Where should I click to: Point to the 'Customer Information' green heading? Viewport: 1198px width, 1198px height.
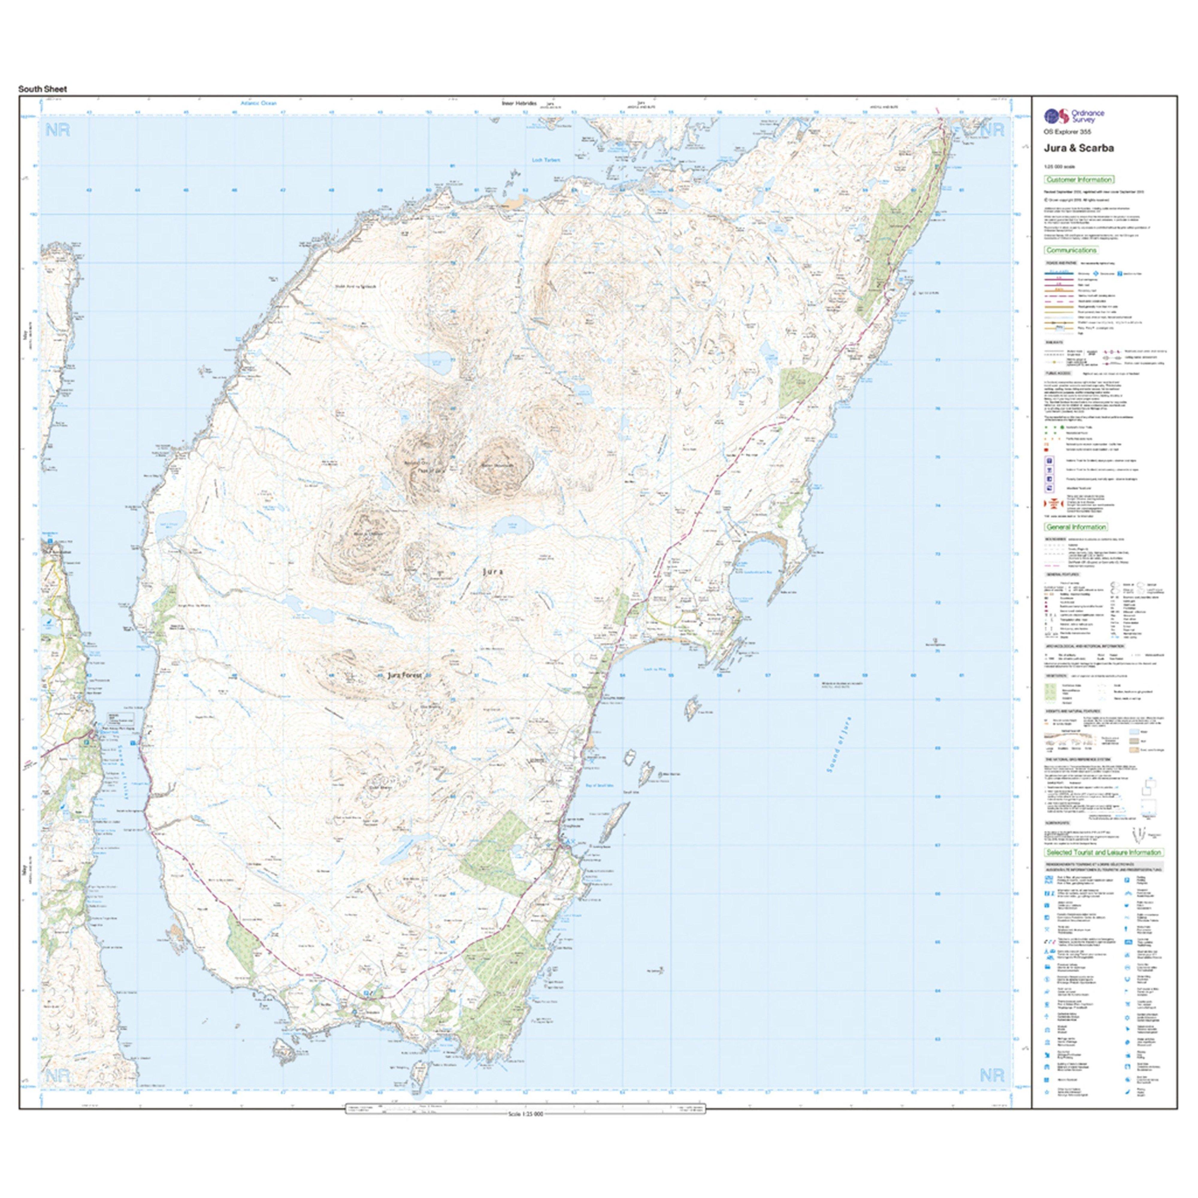(x=1079, y=180)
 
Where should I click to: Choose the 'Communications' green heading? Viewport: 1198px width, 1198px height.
(x=1072, y=250)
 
